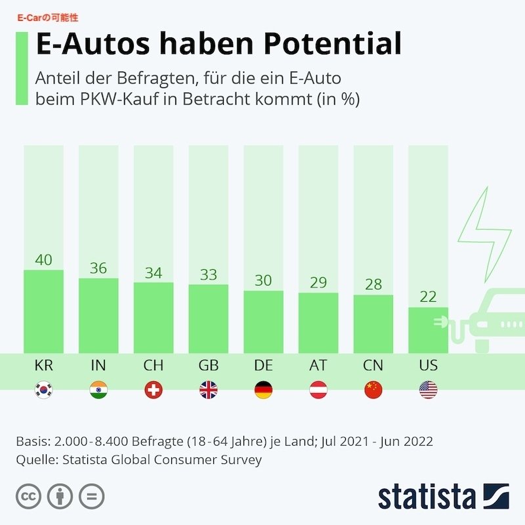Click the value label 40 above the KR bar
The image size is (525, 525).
point(43,260)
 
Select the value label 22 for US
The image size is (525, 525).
point(428,297)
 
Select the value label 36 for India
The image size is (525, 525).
point(98,268)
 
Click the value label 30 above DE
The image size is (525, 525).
point(263,280)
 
